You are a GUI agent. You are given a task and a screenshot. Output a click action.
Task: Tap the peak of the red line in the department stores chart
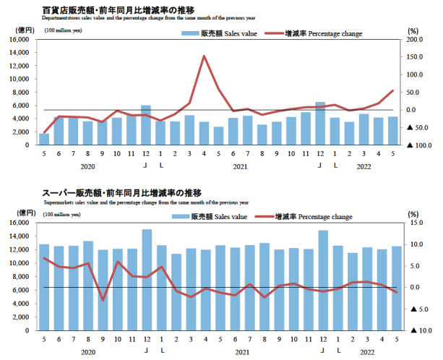(205, 56)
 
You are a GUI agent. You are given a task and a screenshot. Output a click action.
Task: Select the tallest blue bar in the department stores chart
(320, 123)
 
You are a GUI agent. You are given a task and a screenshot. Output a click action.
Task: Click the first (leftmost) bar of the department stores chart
(44, 139)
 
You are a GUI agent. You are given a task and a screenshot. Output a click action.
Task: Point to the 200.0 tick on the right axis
(417, 40)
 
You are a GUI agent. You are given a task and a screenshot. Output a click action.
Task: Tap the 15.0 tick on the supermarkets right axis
(415, 223)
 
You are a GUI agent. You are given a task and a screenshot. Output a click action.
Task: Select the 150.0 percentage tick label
(417, 75)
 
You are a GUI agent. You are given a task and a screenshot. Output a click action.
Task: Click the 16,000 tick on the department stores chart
(20, 40)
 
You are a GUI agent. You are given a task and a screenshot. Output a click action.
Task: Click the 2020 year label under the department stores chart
(87, 166)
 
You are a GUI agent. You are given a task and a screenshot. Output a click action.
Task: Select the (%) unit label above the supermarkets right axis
(413, 213)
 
